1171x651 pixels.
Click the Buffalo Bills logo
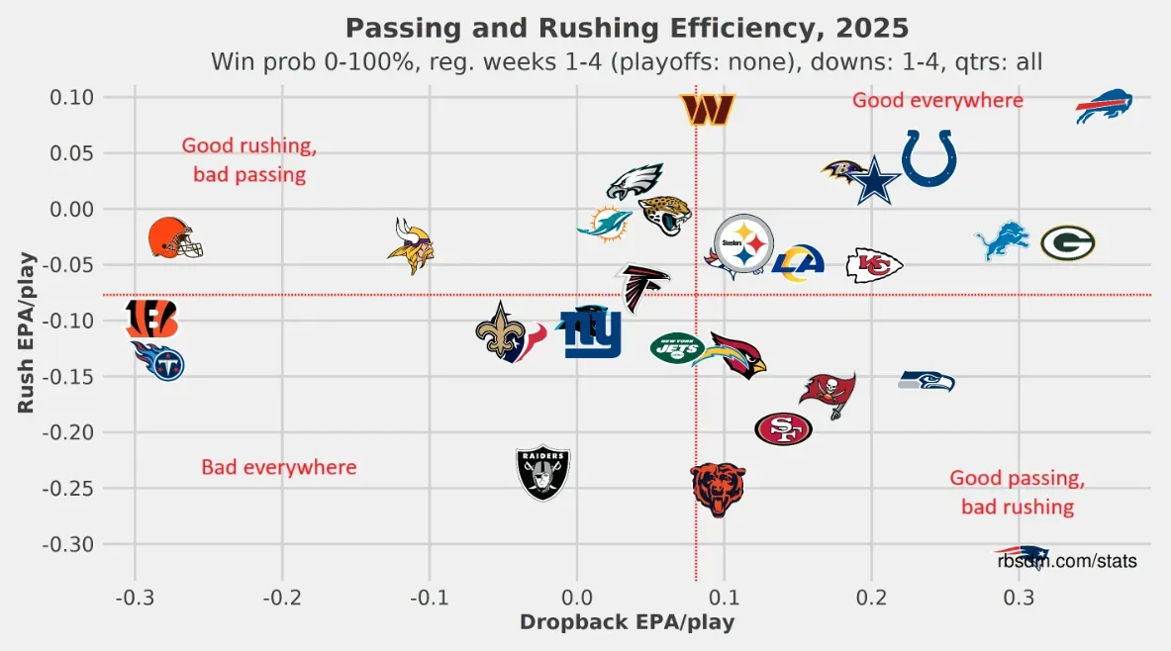[x=1104, y=105]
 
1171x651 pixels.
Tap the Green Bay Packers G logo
[x=1067, y=242]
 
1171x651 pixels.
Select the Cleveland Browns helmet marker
[x=174, y=238]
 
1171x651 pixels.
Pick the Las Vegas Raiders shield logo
[x=543, y=473]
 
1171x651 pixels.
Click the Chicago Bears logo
[x=718, y=489]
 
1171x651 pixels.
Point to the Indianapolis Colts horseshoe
[x=928, y=158]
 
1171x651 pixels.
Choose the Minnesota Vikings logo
[x=410, y=245]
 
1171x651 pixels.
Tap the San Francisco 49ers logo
[x=783, y=429]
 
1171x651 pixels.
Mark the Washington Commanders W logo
[x=708, y=109]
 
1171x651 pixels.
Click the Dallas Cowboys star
[x=872, y=180]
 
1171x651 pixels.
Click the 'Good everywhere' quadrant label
[x=937, y=100]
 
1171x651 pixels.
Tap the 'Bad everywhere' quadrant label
[x=278, y=467]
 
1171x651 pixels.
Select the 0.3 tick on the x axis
[x=1020, y=599]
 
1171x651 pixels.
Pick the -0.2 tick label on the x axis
[x=282, y=599]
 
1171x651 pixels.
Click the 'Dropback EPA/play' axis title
[x=627, y=622]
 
